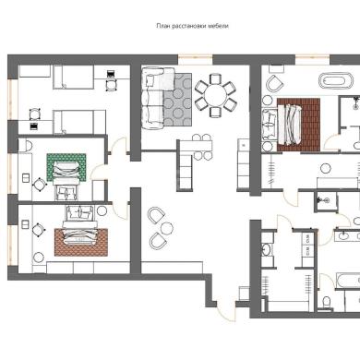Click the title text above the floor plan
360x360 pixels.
click(192, 26)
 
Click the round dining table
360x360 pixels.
click(215, 95)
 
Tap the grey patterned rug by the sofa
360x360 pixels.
click(177, 100)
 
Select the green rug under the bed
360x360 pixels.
click(66, 167)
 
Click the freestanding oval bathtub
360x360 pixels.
click(335, 81)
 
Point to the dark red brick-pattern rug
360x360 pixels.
click(299, 125)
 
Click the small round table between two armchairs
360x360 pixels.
click(167, 229)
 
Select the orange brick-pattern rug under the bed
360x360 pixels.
click(81, 243)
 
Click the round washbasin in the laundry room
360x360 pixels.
click(267, 249)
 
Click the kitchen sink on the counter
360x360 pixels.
click(244, 144)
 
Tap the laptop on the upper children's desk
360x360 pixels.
click(111, 74)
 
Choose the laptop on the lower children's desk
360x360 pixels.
click(34, 126)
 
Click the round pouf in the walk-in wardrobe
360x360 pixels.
click(326, 168)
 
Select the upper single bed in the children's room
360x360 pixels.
click(73, 77)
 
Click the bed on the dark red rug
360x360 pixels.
click(289, 125)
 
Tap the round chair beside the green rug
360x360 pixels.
click(40, 186)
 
